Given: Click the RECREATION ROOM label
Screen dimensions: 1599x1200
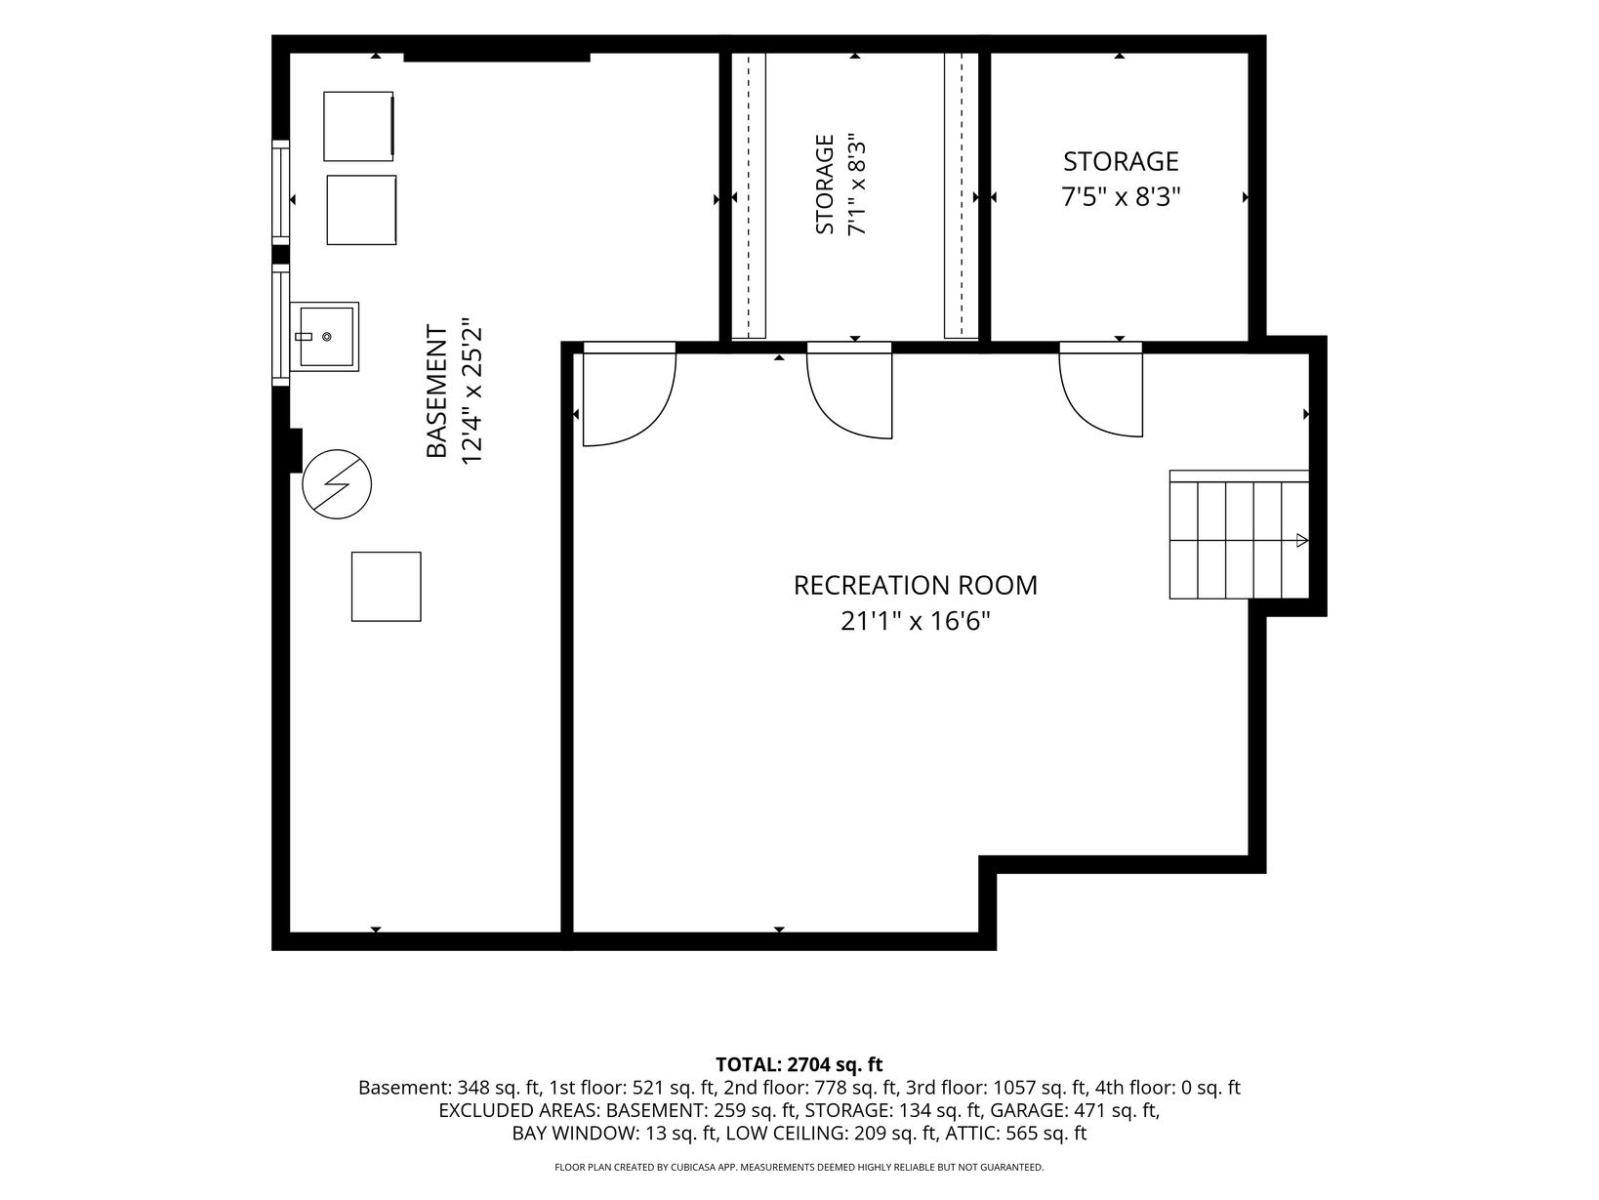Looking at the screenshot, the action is click(915, 585).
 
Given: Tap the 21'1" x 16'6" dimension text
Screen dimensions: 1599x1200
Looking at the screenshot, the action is click(916, 622).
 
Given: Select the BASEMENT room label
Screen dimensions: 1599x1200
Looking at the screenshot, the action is click(436, 392).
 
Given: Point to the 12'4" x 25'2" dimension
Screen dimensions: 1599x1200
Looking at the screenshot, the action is click(472, 392).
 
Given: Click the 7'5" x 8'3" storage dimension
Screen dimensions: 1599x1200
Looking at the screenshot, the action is click(1121, 196).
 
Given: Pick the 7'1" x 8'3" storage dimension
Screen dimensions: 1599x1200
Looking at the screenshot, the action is click(857, 185).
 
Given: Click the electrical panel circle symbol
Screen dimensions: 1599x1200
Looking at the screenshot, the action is click(337, 483).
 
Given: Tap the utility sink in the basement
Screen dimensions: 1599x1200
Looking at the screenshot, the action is click(324, 337).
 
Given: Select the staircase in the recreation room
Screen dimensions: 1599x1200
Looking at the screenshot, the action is click(1239, 535).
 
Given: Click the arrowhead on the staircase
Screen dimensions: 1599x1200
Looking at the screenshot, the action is click(1302, 541).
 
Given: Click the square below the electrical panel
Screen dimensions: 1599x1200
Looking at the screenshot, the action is click(387, 587).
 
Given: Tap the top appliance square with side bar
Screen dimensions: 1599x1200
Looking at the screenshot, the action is click(358, 126).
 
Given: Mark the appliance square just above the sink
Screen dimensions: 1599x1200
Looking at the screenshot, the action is click(361, 210).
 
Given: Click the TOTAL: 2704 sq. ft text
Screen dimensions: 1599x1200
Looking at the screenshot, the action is click(799, 1064).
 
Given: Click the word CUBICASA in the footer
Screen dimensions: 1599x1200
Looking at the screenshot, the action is click(686, 1167).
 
